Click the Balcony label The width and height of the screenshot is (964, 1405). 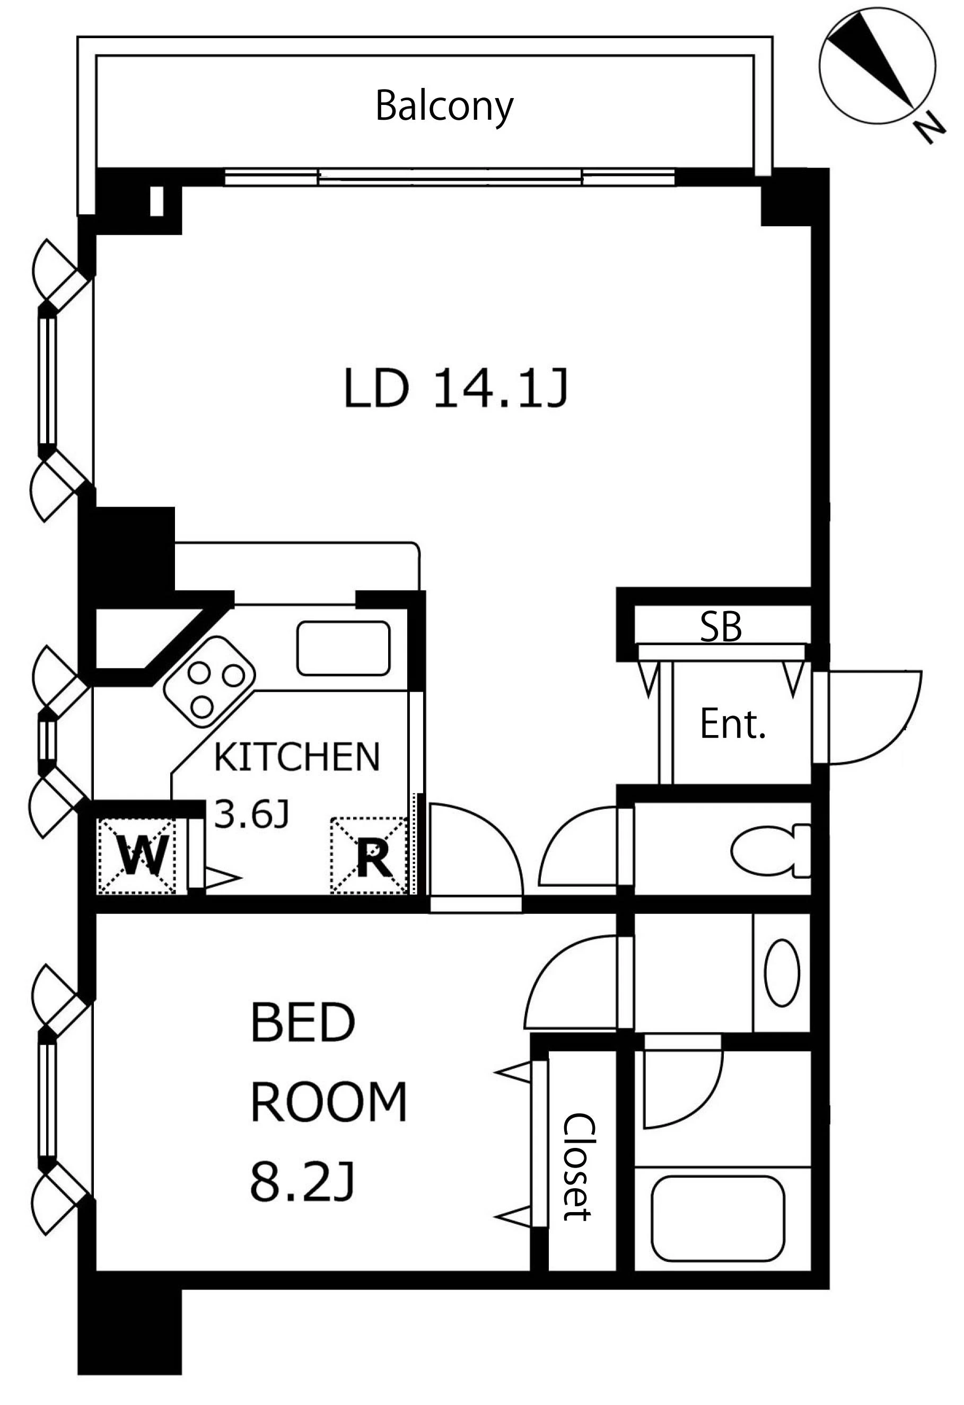[x=444, y=107]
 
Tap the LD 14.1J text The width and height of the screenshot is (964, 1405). [x=456, y=388]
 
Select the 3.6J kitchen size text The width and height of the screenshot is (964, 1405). [x=251, y=816]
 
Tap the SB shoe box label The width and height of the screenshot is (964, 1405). [x=721, y=627]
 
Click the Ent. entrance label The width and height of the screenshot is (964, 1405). [x=733, y=725]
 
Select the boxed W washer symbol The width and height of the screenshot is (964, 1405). [x=136, y=856]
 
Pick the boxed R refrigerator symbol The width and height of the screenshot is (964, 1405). [x=369, y=856]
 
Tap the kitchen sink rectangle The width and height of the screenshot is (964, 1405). [x=343, y=648]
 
